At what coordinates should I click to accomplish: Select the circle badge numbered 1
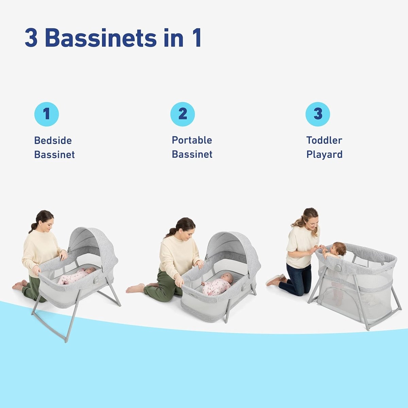pos(47,114)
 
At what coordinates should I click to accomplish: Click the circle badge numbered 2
pos(183,114)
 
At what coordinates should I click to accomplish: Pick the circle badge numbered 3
pos(318,114)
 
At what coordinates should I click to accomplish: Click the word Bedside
pos(53,140)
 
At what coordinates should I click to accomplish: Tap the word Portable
pos(192,140)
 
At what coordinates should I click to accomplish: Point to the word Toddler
pos(324,140)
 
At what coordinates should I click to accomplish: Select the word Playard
pos(324,154)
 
